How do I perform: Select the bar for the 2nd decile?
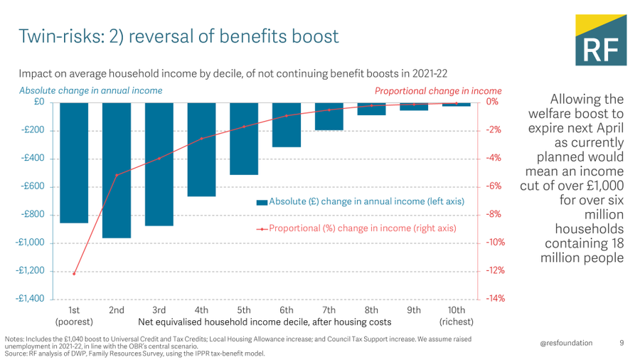tap(117, 170)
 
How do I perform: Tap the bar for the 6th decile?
tap(287, 125)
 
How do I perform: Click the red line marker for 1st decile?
tap(74, 273)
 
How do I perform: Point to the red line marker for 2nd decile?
tap(117, 175)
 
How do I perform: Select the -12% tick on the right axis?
tap(495, 270)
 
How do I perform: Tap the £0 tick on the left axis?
tap(38, 102)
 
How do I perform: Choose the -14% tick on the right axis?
tap(495, 299)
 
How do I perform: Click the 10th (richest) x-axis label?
tap(457, 316)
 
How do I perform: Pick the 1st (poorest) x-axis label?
tap(74, 316)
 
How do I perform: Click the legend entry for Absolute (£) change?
tap(360, 202)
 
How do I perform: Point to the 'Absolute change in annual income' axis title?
tap(90, 91)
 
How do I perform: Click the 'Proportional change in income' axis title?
tap(438, 91)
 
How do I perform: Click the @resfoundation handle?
tap(565, 343)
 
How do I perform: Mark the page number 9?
tap(622, 343)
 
